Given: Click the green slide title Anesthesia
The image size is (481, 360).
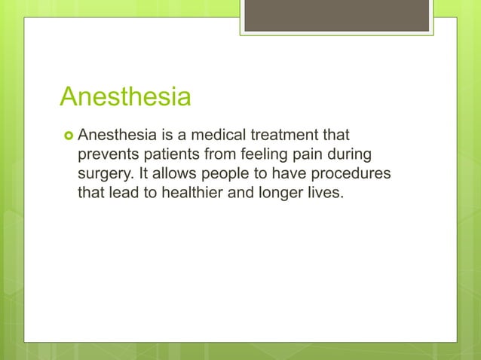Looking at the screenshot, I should [x=125, y=97].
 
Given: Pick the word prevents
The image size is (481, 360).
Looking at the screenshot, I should [x=109, y=155].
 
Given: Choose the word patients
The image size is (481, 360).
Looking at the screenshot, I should [x=170, y=155].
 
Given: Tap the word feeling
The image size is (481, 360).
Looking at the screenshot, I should [x=268, y=155].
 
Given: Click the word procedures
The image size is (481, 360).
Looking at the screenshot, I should [x=351, y=174].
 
